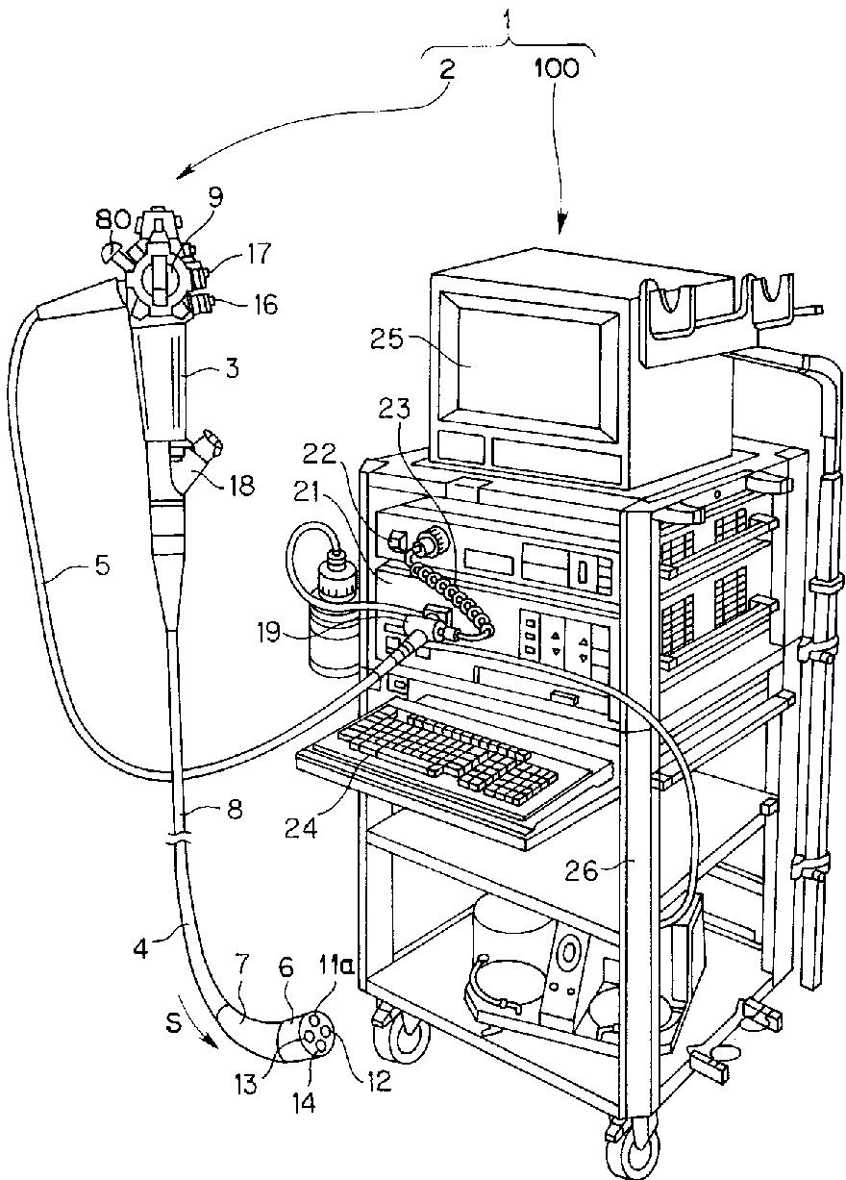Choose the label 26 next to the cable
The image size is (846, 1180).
[604, 871]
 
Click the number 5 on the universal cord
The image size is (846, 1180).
[102, 565]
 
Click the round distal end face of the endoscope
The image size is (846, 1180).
[316, 1037]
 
